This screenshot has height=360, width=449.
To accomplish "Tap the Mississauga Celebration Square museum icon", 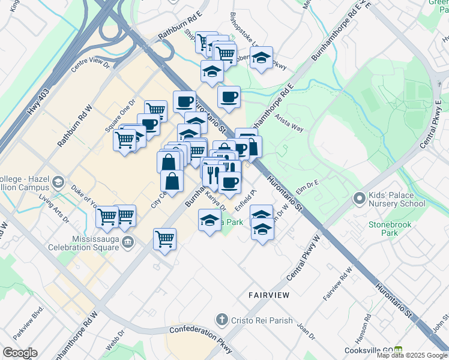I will (127, 242).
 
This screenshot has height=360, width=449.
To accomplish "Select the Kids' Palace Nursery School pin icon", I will (359, 197).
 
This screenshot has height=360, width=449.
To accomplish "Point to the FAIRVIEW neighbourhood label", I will (269, 295).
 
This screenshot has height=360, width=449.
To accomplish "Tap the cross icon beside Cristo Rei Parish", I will (222, 320).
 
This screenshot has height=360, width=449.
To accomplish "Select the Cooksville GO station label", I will (368, 350).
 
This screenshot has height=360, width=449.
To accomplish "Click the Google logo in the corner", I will (19, 353).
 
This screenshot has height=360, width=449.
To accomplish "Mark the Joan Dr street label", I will (306, 330).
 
